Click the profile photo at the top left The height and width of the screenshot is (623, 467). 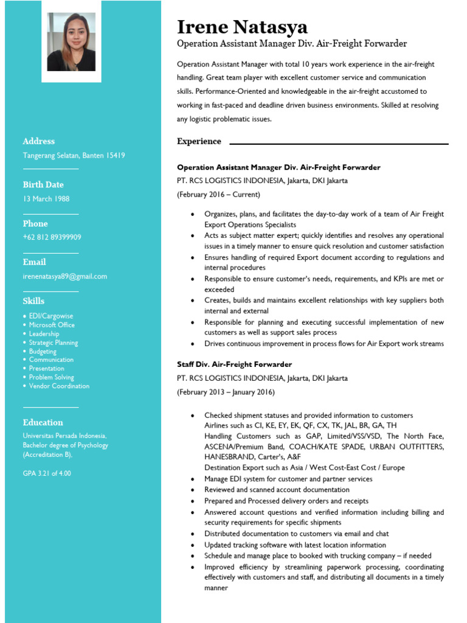click(71, 42)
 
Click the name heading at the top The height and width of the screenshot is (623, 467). click(242, 27)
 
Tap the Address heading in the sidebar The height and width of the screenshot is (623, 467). click(39, 141)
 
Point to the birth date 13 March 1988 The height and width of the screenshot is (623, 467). click(46, 199)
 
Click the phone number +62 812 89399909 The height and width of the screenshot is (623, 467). click(52, 237)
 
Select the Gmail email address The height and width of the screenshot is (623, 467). click(65, 276)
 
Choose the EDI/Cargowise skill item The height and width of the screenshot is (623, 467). click(51, 316)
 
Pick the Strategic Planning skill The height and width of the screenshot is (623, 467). click(54, 343)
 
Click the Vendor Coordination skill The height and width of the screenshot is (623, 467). click(59, 386)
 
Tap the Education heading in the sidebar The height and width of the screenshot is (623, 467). click(43, 422)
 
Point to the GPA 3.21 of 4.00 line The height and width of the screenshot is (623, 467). click(47, 473)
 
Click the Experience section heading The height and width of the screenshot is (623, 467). click(199, 141)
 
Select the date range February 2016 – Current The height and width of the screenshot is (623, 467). click(218, 195)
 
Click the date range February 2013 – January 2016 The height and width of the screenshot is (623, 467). click(226, 392)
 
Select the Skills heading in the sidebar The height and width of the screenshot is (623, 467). click(33, 301)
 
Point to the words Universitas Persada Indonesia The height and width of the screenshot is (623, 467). click(64, 436)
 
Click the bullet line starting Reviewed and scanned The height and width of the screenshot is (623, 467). click(277, 490)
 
